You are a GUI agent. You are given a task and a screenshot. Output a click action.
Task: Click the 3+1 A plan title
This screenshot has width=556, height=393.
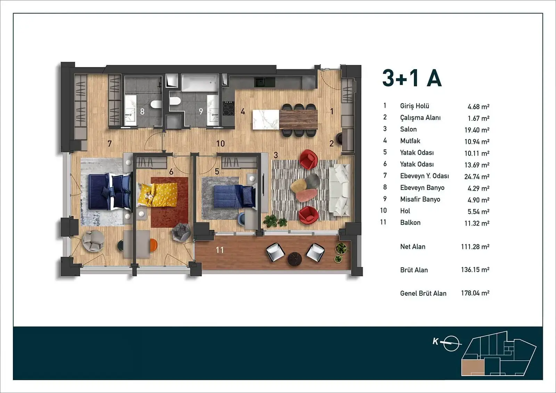(412, 78)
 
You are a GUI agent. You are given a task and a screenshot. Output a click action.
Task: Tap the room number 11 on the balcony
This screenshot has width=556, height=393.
(220, 250)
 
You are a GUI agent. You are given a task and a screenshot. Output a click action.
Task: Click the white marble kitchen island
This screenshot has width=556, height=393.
(266, 120)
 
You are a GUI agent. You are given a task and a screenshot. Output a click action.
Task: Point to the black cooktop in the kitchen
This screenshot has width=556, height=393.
(228, 108)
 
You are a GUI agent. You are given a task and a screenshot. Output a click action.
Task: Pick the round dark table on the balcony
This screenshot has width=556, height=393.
(295, 259)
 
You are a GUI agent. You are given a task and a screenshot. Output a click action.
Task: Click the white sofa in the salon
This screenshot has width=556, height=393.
(340, 190)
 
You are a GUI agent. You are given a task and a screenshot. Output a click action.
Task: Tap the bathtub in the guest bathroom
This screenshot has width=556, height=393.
(200, 83)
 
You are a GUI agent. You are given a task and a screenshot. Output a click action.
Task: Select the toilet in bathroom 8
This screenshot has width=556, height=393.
(156, 104)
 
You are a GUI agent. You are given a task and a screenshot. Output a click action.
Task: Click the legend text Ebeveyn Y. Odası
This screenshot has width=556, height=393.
(424, 176)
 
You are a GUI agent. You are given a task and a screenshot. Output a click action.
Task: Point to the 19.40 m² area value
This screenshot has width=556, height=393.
(477, 130)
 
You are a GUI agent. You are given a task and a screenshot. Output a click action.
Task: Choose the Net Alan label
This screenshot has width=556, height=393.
(413, 246)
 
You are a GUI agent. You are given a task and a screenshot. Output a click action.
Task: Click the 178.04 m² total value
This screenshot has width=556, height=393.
(475, 293)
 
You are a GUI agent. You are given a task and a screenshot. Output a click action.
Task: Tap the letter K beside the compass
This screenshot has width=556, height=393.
(435, 341)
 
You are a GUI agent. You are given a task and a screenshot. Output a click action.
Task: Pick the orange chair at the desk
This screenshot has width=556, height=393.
(153, 245)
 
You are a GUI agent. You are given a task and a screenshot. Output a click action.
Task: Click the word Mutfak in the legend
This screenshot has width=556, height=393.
(410, 141)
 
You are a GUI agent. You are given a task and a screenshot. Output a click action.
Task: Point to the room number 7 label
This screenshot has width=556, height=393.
(110, 144)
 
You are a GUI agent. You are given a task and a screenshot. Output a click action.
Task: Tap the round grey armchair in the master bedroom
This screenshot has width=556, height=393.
(93, 241)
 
